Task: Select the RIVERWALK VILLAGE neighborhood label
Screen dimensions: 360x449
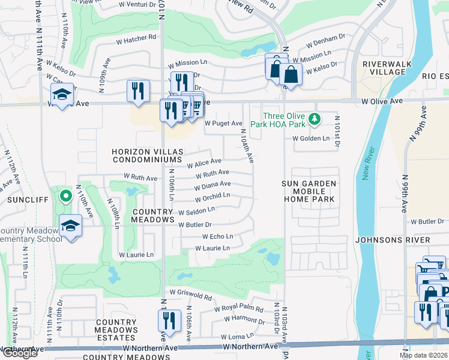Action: pos(384,67)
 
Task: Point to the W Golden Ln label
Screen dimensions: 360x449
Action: pos(311,139)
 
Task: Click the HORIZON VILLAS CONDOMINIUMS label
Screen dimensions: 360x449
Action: pos(146,156)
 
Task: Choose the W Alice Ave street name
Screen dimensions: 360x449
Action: pos(204,163)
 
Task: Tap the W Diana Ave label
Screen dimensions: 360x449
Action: pos(212,185)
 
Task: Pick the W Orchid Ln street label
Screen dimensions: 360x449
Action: pos(212,196)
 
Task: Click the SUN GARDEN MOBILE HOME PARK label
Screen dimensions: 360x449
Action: pos(310,191)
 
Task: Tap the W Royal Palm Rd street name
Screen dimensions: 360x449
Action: pos(239,310)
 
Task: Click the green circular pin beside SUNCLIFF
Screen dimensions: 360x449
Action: pos(65,196)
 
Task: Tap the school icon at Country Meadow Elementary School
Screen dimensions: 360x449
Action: pos(71,226)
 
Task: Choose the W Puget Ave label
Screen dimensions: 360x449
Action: pos(222,123)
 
